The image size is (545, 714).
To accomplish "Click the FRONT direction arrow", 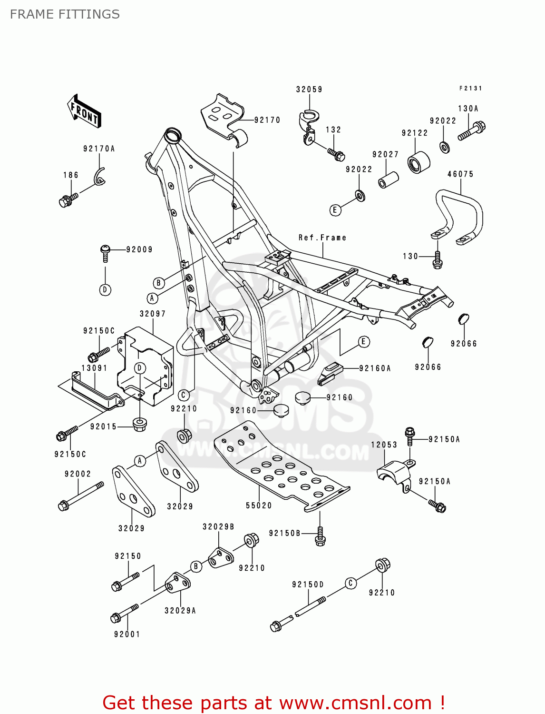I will tap(84, 111).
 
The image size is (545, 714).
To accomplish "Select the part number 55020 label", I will tap(259, 506).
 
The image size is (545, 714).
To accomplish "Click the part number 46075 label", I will tap(460, 174).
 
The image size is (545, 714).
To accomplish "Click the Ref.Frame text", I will tap(322, 238).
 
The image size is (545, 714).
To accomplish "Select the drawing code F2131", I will tap(470, 89).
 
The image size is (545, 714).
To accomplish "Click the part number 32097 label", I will tap(153, 314).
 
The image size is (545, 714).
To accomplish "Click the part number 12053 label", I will tap(384, 445).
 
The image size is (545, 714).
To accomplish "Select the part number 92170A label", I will tap(99, 149).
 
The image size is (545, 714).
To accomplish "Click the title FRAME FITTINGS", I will tap(65, 14).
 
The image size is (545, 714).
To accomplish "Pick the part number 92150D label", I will tap(308, 585).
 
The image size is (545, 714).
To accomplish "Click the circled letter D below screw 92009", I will tap(105, 289).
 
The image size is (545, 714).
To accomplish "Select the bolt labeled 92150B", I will tap(320, 537).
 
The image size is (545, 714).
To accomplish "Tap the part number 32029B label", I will tap(218, 526).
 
